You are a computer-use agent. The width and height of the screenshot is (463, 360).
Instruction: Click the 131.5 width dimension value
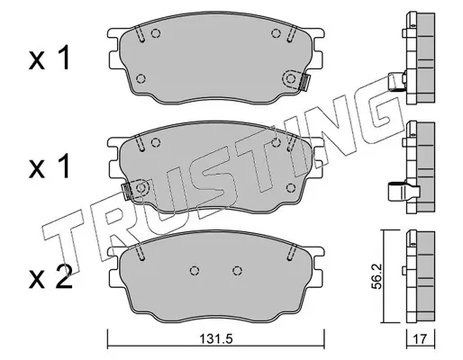coord(216,339)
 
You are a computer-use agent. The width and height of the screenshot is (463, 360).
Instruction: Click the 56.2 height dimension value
coord(376,276)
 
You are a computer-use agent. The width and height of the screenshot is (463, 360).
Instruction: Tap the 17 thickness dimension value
coord(420,339)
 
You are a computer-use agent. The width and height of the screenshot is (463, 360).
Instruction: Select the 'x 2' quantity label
coord(50,277)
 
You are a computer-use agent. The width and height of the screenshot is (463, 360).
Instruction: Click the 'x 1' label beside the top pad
coord(49,58)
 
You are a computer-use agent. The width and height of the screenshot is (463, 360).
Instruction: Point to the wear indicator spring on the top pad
coord(305,82)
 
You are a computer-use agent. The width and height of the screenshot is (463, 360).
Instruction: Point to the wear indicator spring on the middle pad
coord(126,192)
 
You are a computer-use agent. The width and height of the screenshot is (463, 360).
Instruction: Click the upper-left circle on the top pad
coord(155,33)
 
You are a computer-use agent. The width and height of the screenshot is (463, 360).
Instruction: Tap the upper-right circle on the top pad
coord(276,33)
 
